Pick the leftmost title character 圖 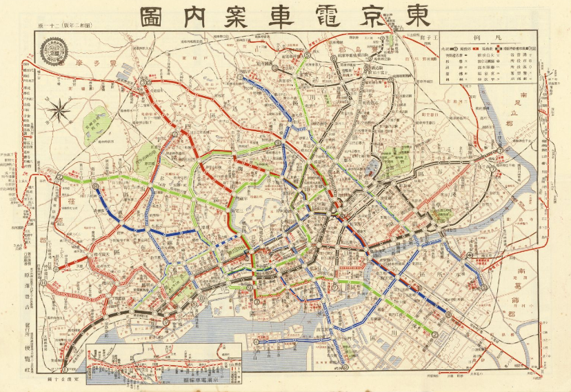(156, 15)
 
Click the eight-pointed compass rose (60, 108)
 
